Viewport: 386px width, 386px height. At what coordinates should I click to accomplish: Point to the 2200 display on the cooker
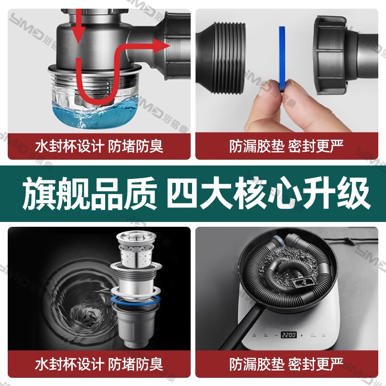coord(289,334)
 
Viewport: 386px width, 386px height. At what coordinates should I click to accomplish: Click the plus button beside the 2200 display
coord(302,334)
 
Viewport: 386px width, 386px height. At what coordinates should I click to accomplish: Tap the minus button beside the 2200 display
coord(275,334)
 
